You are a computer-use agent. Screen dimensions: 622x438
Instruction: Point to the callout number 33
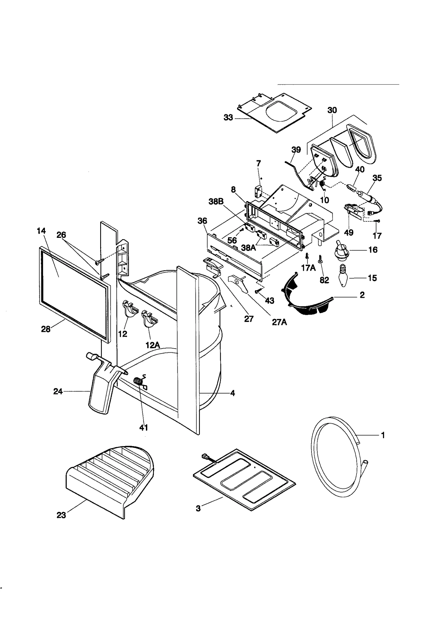[228, 118]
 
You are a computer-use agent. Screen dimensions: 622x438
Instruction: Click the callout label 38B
[216, 201]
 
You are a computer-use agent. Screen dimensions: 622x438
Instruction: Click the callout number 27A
[279, 322]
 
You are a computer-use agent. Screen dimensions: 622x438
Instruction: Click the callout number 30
[332, 110]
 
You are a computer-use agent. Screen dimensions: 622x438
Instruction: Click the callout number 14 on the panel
[41, 231]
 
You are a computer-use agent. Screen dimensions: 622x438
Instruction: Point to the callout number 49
[348, 233]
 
